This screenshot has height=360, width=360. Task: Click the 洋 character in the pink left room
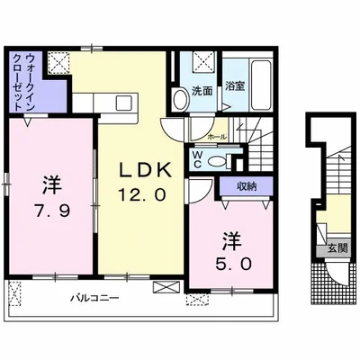pyautogui.click(x=50, y=187)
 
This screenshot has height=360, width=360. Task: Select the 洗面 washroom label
pyautogui.click(x=202, y=91)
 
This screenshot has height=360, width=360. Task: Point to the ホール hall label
pyautogui.click(x=217, y=138)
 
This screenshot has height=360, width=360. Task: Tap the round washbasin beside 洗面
pyautogui.click(x=182, y=100)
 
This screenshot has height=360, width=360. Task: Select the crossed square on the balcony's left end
pyautogui.click(x=16, y=291)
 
